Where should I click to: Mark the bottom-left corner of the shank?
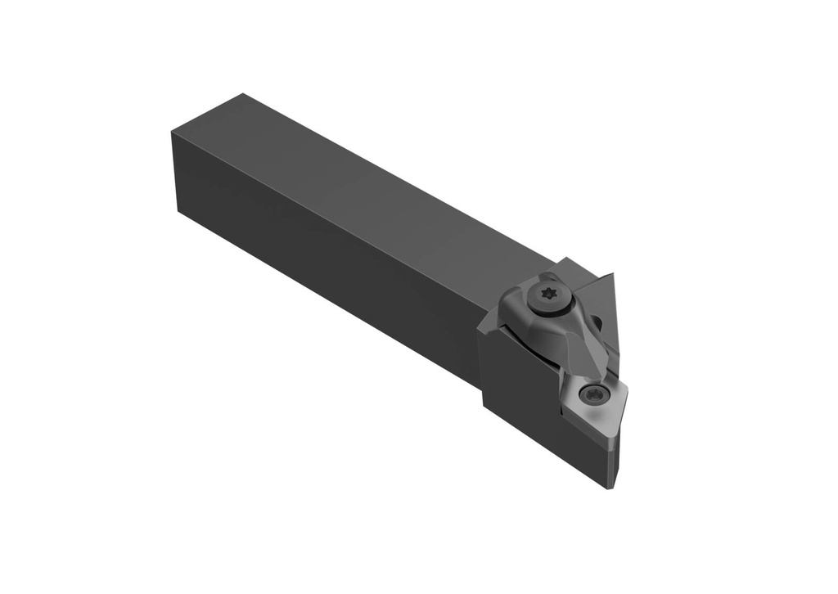pos(178,210)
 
